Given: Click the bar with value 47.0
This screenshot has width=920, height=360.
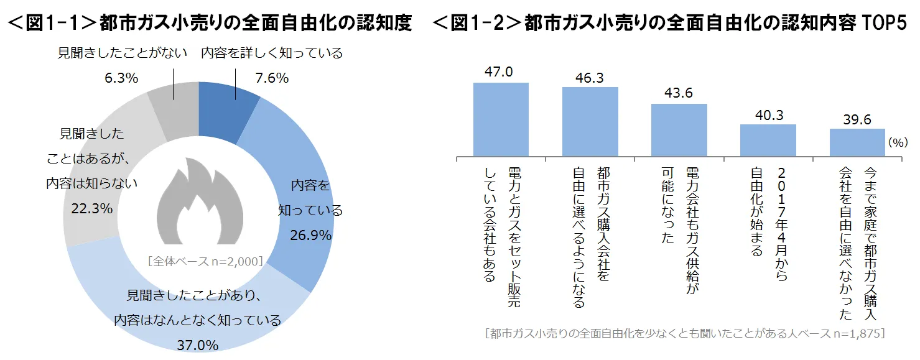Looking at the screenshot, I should pos(501,119).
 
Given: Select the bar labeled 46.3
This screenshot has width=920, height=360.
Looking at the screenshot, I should pos(590,121).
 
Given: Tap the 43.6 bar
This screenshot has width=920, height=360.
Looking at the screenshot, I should pos(679,129).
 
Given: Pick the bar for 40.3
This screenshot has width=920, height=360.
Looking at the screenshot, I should pos(768,140).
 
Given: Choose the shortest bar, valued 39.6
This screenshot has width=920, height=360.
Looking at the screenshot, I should pos(857,142).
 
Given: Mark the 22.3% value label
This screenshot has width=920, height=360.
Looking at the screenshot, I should pos(92,208).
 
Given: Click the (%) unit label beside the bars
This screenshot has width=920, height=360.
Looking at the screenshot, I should pos(898,142).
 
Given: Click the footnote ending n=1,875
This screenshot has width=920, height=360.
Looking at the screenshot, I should pos(684,333).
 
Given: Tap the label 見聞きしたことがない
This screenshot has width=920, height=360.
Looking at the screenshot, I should pos(123,53).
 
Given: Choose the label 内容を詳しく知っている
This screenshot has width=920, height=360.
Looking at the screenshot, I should pos(272,53).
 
